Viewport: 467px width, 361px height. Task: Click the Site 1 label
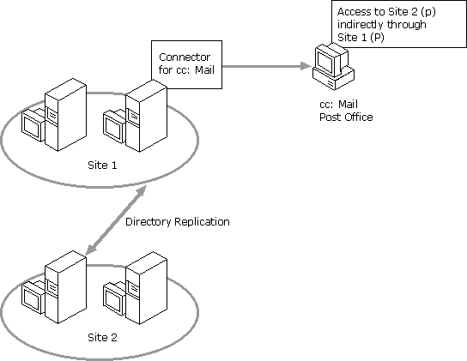click(x=102, y=165)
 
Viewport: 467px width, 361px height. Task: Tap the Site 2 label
click(x=102, y=338)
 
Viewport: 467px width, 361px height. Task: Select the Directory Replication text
click(x=178, y=222)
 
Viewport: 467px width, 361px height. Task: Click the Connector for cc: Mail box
click(x=187, y=64)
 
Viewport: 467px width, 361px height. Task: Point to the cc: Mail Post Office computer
click(x=333, y=66)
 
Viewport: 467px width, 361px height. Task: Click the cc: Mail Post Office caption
click(x=346, y=111)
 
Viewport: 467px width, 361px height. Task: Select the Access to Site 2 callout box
click(x=399, y=24)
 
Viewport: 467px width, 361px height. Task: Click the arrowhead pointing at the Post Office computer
click(x=306, y=66)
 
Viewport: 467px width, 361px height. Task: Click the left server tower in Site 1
click(x=65, y=115)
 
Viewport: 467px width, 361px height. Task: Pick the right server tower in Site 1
click(x=146, y=116)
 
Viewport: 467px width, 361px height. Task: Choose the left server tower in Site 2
click(x=65, y=287)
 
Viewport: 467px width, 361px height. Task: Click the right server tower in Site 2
click(x=146, y=288)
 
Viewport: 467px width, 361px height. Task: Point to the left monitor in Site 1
click(x=33, y=125)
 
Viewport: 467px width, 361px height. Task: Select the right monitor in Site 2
click(x=114, y=298)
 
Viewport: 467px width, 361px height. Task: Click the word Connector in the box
click(x=185, y=57)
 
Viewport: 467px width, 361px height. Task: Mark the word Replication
click(x=202, y=222)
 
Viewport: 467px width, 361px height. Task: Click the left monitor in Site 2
click(x=33, y=298)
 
